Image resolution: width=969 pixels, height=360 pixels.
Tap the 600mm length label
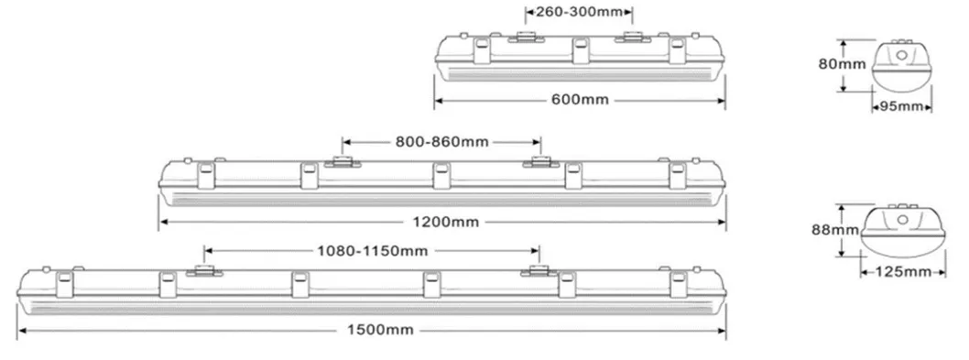coord(580,99)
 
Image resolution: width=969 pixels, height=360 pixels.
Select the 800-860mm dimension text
coord(442,142)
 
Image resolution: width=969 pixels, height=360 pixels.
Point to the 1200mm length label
coord(442,220)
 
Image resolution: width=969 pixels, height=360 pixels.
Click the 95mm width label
coord(900,106)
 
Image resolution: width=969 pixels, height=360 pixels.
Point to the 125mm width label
coord(897,271)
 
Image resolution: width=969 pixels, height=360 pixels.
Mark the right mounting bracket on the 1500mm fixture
coord(539,269)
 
